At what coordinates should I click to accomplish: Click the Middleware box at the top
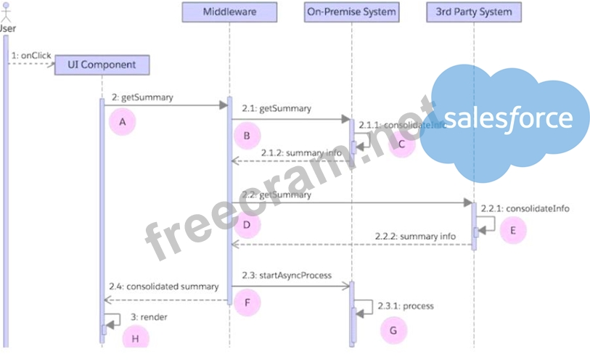[x=229, y=12]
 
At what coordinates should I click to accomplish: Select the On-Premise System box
[x=351, y=12]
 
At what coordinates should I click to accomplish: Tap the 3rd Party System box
[x=474, y=12]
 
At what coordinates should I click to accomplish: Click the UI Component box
[x=102, y=65]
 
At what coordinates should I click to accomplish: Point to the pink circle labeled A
[x=123, y=122]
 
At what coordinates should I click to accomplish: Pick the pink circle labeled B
[x=247, y=135]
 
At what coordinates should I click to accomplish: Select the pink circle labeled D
[x=247, y=226]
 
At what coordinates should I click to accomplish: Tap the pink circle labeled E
[x=512, y=229]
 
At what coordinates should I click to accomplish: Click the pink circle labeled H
[x=134, y=338]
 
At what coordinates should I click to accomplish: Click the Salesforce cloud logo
[x=507, y=120]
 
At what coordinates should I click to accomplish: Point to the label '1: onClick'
[x=31, y=55]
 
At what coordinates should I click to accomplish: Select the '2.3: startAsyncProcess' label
[x=287, y=275]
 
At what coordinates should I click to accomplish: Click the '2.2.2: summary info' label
[x=415, y=236]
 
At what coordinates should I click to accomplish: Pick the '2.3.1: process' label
[x=406, y=306]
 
